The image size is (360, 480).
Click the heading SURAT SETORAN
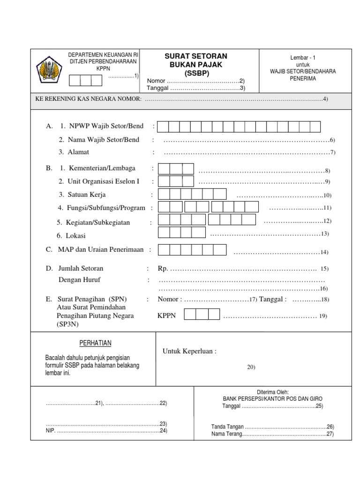[x=195, y=56]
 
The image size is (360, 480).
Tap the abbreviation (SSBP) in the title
[x=196, y=73]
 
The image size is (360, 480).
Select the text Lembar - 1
[x=303, y=57]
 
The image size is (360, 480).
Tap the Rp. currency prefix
[x=163, y=269]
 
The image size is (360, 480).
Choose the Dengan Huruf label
[x=79, y=280]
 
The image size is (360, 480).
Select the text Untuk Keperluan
[x=190, y=352]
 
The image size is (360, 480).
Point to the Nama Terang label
[x=226, y=435]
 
